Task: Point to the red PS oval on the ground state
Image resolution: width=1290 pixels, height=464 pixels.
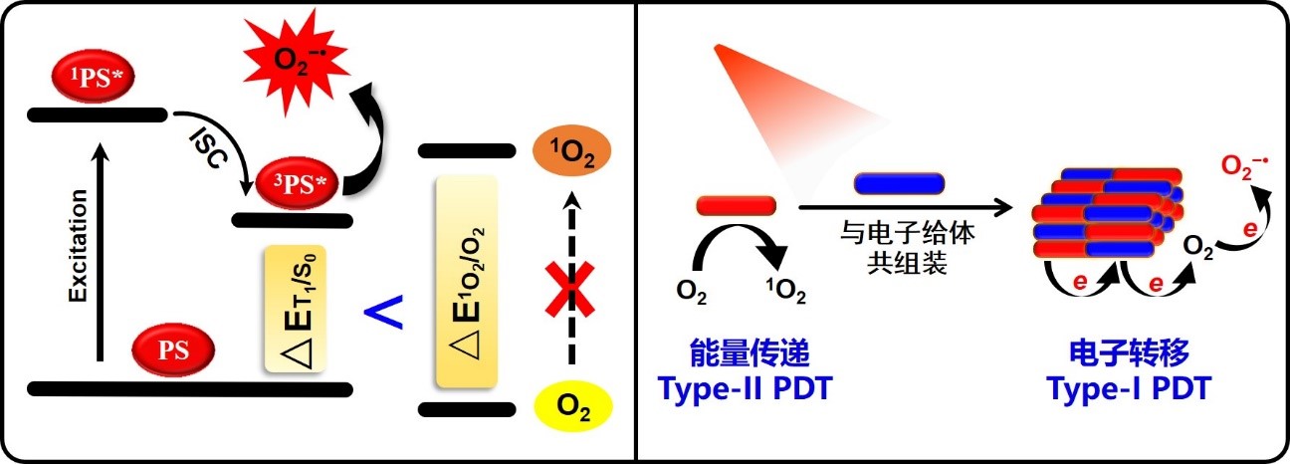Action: click(x=174, y=350)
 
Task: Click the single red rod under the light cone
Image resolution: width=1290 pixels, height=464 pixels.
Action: click(x=736, y=205)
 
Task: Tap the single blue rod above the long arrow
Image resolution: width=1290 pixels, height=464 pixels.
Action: click(x=899, y=183)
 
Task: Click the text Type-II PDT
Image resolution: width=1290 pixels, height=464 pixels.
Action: click(x=745, y=388)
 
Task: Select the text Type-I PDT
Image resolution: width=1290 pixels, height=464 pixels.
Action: click(x=1128, y=388)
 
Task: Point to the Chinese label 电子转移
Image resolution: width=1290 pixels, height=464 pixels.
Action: click(x=1129, y=353)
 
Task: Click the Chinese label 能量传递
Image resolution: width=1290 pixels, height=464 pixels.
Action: click(x=745, y=353)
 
